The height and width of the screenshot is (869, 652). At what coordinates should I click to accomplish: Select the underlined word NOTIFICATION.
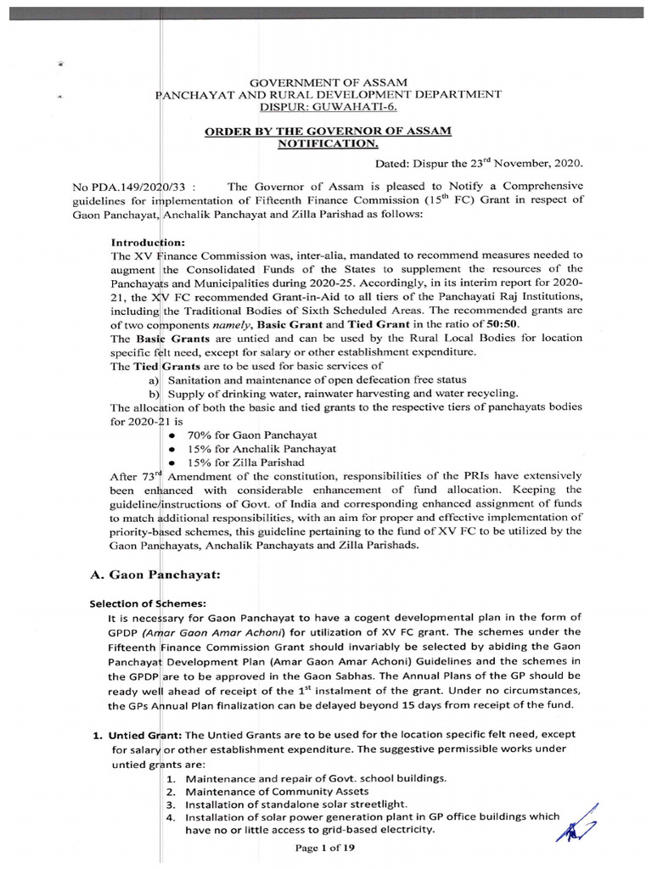click(x=327, y=145)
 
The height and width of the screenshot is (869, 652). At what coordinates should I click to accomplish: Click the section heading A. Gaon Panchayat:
click(x=155, y=574)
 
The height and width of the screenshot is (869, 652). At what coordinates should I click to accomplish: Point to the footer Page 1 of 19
click(x=326, y=849)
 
